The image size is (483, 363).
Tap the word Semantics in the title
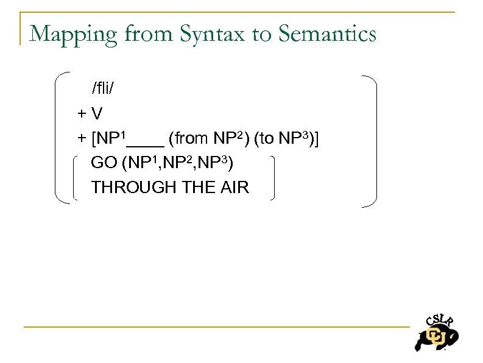pyautogui.click(x=328, y=34)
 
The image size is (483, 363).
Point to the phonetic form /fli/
pyautogui.click(x=103, y=89)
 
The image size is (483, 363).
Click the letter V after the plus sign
pyautogui.click(x=97, y=113)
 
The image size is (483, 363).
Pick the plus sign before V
pyautogui.click(x=82, y=114)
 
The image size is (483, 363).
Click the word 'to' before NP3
pyautogui.click(x=266, y=139)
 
